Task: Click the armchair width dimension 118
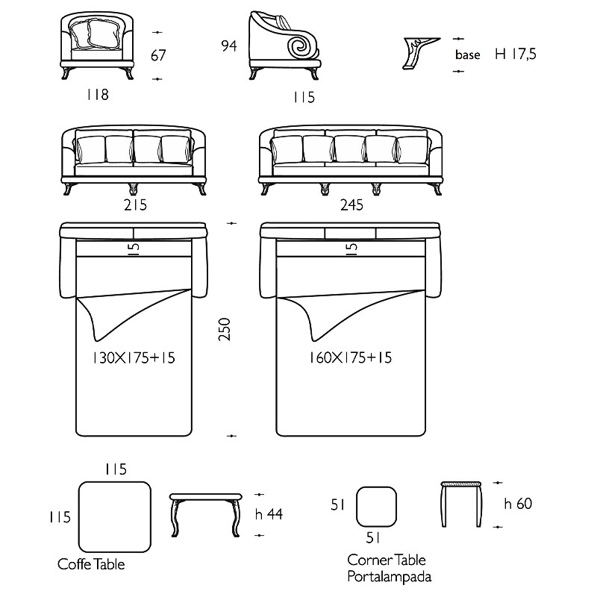98,95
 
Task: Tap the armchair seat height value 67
158,55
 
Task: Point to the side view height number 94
229,46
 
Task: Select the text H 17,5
516,54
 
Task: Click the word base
468,54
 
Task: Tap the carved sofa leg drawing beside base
421,53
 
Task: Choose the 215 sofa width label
135,205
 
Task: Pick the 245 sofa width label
351,205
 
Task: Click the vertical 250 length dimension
225,329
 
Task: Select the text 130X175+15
134,358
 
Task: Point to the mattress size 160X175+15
350,357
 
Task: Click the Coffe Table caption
91,564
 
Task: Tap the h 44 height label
269,514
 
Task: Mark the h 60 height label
518,504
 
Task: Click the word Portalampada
390,576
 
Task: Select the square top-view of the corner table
376,507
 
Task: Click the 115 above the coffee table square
116,469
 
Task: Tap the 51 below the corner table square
373,538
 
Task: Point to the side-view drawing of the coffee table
206,515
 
